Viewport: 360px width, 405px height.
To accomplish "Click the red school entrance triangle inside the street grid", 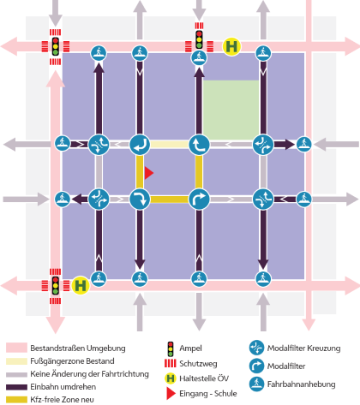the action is coord(148,173).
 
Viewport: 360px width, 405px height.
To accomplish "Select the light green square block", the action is coord(231,110).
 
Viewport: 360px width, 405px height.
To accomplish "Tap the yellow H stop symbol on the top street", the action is coord(231,46).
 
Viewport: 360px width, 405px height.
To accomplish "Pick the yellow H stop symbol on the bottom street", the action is coord(81,285).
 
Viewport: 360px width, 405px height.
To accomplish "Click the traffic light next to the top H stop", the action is coord(199,39).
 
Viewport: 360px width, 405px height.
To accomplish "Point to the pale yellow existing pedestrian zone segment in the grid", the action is coord(169,144).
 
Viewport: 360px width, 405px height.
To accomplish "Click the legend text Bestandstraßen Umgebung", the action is coord(78,348).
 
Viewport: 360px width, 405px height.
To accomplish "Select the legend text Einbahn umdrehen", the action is coord(63,387).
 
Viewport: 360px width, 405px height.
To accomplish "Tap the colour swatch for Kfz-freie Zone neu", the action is coord(16,400).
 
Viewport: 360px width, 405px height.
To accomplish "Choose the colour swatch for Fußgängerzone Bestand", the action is coord(16,361).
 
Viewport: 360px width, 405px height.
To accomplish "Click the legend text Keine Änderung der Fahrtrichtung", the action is coord(90,374).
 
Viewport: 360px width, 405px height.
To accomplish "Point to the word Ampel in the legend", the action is coord(190,348).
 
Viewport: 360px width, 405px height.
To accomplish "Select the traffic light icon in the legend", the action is coord(171,348).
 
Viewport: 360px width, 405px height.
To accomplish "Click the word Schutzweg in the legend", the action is coord(198,364).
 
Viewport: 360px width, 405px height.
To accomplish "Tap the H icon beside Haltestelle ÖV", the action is coord(171,378).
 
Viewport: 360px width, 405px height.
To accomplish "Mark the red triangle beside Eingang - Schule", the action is coord(171,394).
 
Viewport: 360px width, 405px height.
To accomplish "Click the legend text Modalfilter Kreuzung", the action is coord(304,348).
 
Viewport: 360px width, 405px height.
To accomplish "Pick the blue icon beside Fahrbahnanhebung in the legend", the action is coord(256,384).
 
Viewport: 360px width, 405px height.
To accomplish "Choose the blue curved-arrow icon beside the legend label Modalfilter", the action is coord(256,366).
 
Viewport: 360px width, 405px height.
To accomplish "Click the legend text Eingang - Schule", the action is coord(208,394).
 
